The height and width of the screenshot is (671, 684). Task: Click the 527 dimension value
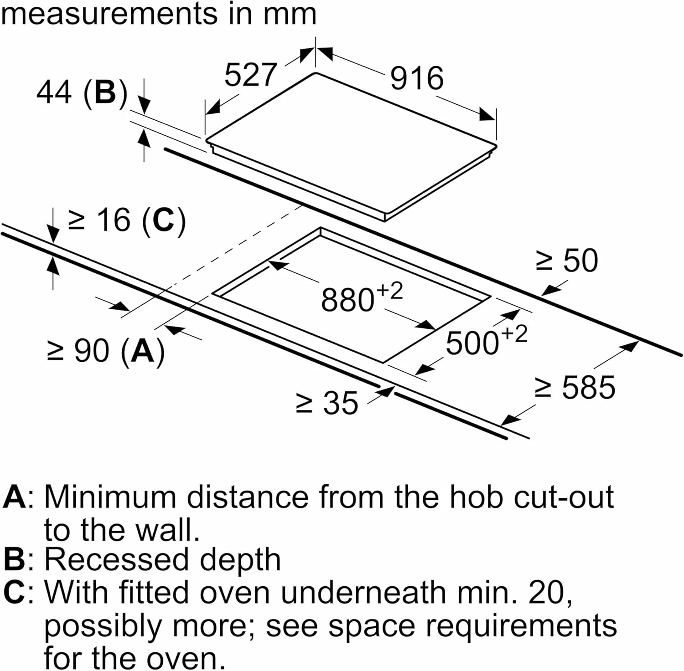click(250, 75)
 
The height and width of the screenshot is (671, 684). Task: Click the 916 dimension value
click(417, 78)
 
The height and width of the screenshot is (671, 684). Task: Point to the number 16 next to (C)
click(114, 220)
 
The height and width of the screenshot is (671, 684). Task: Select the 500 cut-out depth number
click(472, 343)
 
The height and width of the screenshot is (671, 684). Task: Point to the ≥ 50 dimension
click(566, 261)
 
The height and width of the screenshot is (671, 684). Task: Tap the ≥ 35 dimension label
click(327, 403)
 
